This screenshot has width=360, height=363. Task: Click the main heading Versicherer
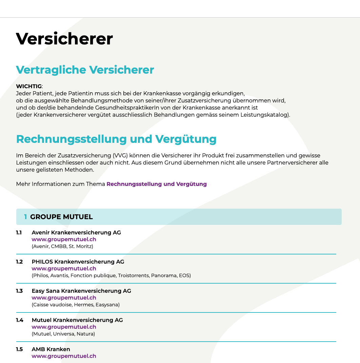coord(64,39)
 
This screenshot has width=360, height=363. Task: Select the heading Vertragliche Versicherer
coord(85,70)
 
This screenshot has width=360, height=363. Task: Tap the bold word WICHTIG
coord(29,87)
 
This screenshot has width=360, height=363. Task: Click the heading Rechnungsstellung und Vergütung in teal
coord(116,139)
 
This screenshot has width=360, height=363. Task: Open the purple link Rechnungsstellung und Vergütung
coord(157,184)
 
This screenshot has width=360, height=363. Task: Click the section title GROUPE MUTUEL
coord(61,217)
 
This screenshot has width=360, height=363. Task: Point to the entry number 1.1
coord(19,233)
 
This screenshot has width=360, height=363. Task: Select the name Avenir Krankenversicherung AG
coord(76,233)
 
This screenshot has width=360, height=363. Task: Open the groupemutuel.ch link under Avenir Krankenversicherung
coord(64,240)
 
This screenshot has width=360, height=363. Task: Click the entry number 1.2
coord(19,262)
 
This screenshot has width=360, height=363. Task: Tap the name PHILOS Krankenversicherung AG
coord(78,262)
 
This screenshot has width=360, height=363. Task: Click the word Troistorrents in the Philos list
coord(134,275)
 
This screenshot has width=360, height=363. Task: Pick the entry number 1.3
coord(19,291)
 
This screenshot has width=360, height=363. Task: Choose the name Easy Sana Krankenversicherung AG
coord(81,291)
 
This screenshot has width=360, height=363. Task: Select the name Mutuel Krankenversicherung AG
coord(77,320)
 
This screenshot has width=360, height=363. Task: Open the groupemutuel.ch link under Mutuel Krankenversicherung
coord(64,327)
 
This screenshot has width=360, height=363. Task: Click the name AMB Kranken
coord(51,349)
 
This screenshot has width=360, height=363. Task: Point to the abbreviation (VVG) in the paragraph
coord(120,156)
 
